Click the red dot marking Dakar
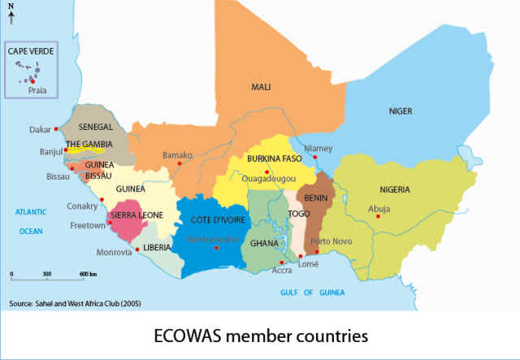point(56,129)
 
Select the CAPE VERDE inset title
point(30,50)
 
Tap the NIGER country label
point(401,111)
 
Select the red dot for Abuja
point(378,215)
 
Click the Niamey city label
point(318,149)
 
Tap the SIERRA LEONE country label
point(136,215)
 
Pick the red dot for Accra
point(281,262)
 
